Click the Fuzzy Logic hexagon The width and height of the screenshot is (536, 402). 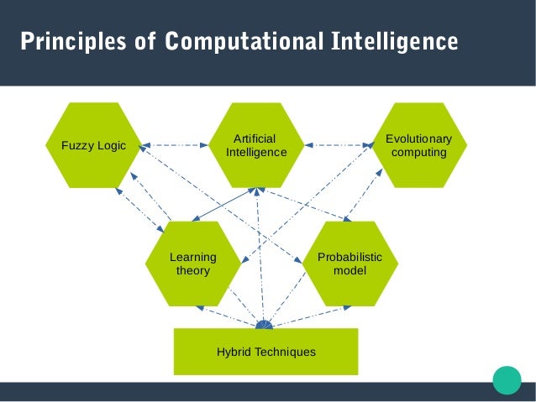click(x=93, y=145)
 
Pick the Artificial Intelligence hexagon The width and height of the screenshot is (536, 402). click(x=256, y=145)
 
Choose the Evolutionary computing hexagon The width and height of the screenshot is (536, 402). click(x=418, y=145)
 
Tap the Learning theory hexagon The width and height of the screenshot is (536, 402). click(x=193, y=264)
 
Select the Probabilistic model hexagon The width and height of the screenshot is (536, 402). click(x=349, y=264)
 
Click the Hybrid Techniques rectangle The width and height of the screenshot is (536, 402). click(x=265, y=352)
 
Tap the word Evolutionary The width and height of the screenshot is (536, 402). click(x=418, y=138)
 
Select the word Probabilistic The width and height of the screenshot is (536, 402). click(x=349, y=257)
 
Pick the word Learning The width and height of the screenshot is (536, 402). click(x=193, y=257)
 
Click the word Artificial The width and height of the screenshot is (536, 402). click(x=255, y=138)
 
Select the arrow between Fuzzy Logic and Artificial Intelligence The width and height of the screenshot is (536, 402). click(x=175, y=145)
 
